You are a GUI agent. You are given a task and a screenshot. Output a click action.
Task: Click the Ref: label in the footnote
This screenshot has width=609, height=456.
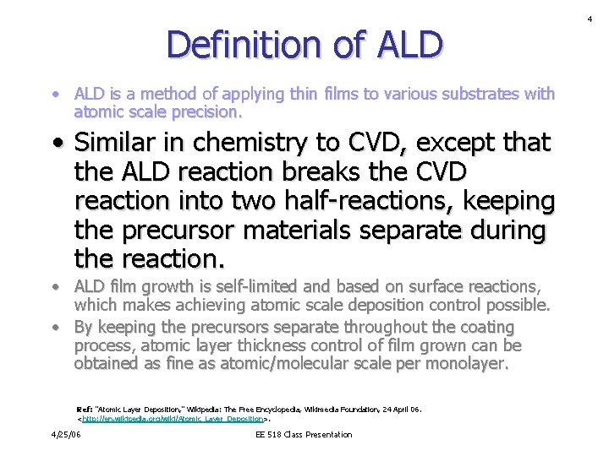pyautogui.click(x=85, y=410)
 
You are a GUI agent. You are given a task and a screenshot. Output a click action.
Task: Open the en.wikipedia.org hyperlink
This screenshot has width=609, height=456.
pyautogui.click(x=173, y=418)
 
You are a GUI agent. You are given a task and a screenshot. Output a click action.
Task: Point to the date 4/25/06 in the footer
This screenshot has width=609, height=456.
pyautogui.click(x=65, y=434)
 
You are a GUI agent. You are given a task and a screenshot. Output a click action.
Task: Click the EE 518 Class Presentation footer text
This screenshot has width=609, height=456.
pyautogui.click(x=304, y=434)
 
